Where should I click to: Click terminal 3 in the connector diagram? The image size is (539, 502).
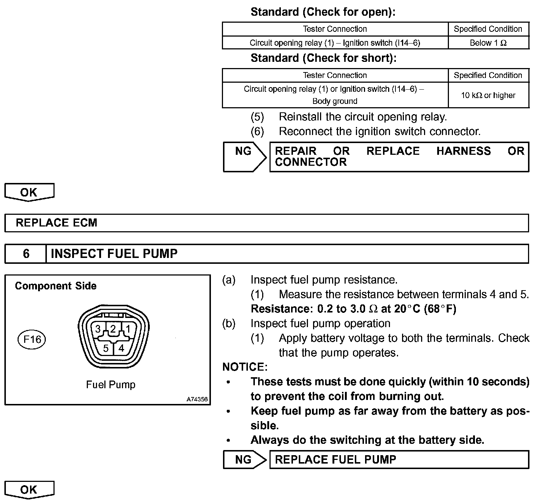pos(98,329)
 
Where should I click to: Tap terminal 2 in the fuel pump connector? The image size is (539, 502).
pos(113,329)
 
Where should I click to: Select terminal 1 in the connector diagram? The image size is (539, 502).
pos(128,329)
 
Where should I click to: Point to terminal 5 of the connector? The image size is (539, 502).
pos(106,348)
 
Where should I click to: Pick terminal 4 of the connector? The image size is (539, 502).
pos(121,348)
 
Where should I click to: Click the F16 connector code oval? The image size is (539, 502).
pos(32,340)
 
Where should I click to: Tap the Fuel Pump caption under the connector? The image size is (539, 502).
pos(111,385)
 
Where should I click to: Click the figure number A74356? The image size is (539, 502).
pos(197,399)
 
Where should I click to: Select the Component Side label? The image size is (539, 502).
pos(56,286)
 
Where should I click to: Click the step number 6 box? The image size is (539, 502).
pos(26,254)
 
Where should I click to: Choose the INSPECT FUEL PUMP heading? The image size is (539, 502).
pos(114,254)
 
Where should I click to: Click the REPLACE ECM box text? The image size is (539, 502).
pos(56,223)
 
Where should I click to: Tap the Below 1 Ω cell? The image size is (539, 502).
pos(488,43)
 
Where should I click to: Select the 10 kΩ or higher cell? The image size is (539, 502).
pos(488,95)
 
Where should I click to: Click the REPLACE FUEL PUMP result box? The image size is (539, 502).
pos(399,460)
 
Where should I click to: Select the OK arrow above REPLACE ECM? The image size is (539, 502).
pos(29,192)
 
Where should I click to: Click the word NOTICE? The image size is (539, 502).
pos(245,367)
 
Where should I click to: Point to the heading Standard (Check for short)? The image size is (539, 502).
pos(323,58)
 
